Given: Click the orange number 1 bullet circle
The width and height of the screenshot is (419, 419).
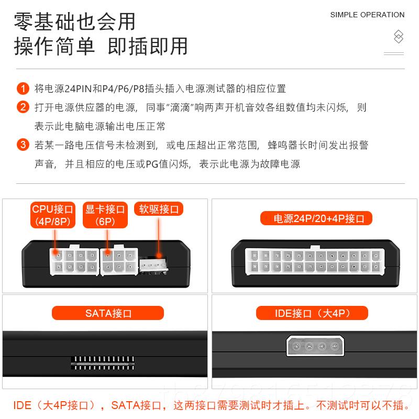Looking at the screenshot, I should (23, 88).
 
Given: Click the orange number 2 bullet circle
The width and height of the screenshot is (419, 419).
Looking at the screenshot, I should (23, 107).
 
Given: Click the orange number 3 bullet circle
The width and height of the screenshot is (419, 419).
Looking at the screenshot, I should (23, 145).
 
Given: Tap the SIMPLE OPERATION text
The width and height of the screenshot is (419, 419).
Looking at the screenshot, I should (367, 15).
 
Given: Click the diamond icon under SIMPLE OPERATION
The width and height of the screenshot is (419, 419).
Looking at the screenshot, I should (399, 37).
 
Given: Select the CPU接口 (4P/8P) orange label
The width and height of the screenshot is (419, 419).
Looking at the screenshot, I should (53, 215).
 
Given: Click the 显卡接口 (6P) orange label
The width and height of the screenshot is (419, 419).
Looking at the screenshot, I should (105, 215).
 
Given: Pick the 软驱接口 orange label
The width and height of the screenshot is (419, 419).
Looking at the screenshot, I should (159, 210).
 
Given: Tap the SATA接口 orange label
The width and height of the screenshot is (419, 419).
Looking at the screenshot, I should (108, 313).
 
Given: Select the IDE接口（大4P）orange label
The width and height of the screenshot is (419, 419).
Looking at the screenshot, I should (312, 313).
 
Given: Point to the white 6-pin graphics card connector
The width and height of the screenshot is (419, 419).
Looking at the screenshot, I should (119, 261).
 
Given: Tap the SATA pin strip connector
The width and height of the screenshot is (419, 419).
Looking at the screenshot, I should (103, 363).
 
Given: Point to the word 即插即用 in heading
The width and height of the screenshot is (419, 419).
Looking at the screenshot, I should (148, 46).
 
